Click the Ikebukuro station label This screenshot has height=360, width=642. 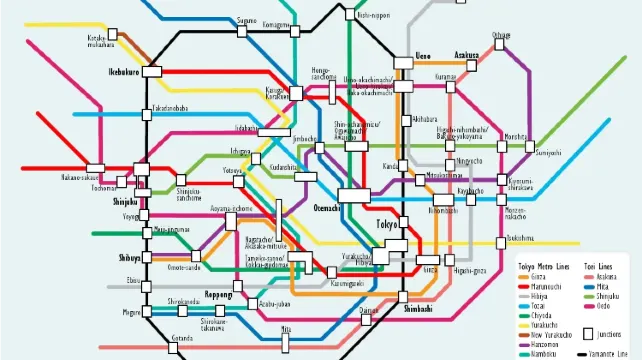pos(124,73)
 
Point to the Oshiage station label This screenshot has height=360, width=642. pos(501,35)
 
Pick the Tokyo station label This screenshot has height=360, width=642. pos(387,224)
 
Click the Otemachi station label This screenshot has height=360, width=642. pos(327,208)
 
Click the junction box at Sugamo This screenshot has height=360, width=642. pos(243,32)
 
